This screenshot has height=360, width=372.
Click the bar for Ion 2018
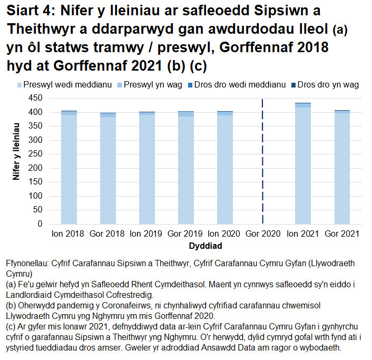point(69,168)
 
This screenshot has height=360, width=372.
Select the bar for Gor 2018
point(108,169)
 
